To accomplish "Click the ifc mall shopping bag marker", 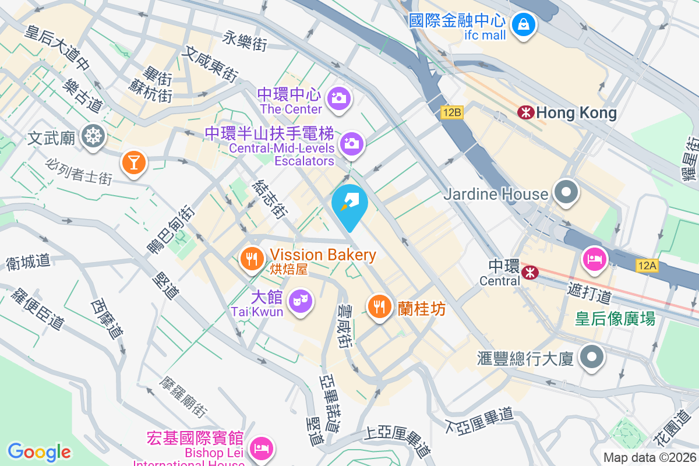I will point(524,25).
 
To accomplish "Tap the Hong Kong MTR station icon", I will point(525,112).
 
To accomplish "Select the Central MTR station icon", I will point(529,272).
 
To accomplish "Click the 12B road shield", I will point(451,112).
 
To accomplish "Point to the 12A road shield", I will point(647,266).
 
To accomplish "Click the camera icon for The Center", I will point(338,97).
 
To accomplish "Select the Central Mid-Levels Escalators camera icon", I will point(351,143).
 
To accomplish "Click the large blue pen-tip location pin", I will point(349,204).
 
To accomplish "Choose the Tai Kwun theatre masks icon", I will point(300,301).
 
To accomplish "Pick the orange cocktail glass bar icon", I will point(134,161).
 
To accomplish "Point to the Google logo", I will point(39,451).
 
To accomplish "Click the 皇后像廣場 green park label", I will point(615,319).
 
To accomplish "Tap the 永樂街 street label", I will point(245,40).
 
